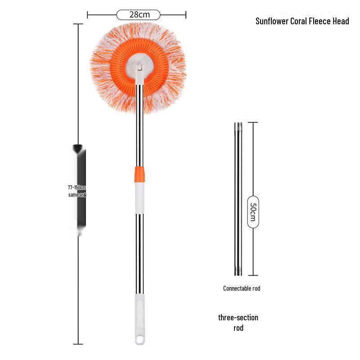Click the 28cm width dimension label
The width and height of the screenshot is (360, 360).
[x=139, y=15]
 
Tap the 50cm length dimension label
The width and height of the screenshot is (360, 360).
[x=253, y=211]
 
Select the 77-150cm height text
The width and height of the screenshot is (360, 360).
[x=76, y=188]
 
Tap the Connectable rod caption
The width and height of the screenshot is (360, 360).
[x=242, y=288]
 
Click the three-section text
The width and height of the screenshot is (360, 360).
[x=238, y=318]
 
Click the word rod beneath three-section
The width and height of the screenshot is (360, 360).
[x=238, y=328]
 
